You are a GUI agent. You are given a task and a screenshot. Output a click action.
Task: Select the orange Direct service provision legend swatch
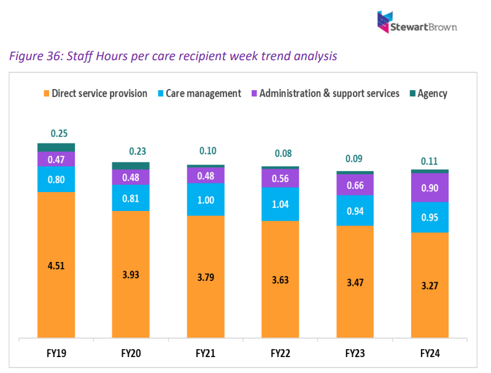[x=45, y=94]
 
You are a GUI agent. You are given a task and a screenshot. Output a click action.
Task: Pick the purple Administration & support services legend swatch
[x=253, y=94]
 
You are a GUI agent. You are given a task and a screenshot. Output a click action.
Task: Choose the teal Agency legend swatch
[x=411, y=94]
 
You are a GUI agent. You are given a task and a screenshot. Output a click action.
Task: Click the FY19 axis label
[x=56, y=353]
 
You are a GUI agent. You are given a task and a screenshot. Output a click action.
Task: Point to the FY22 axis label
[x=280, y=353]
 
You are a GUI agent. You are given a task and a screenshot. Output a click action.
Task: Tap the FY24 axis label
[x=430, y=353]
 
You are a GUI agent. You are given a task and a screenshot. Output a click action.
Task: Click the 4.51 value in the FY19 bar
[x=56, y=266]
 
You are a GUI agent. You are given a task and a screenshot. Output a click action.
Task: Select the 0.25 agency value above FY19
[x=59, y=133]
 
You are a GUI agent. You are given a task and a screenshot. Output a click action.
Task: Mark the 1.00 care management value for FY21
[x=206, y=200]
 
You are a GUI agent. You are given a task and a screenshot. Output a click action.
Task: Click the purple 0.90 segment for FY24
[x=430, y=188]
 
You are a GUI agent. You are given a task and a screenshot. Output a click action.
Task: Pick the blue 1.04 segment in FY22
[x=280, y=204]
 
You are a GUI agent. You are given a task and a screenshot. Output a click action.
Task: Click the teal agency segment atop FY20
[x=131, y=166]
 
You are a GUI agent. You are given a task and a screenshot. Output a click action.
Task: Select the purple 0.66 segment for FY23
[x=355, y=185]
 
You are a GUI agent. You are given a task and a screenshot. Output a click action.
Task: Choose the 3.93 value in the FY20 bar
[x=131, y=274]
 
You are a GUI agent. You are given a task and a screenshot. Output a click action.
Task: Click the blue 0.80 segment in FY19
[x=56, y=180]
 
